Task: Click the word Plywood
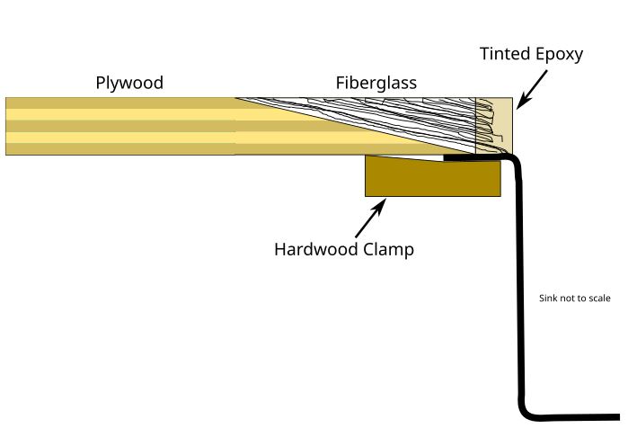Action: (129, 83)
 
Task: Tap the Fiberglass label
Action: (376, 83)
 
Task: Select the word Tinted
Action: (505, 54)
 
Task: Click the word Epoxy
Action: (559, 55)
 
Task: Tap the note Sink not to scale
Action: (575, 299)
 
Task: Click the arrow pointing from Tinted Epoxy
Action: (532, 89)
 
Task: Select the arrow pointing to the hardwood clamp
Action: (370, 218)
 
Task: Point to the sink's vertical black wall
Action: (519, 281)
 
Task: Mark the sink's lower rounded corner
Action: (524, 412)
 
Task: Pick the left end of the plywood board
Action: (6, 126)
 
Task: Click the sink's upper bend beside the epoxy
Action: (515, 158)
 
